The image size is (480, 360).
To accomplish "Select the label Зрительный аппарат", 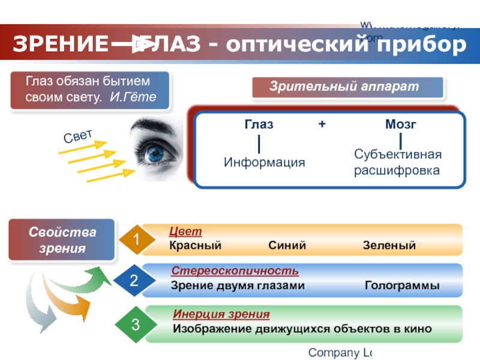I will tap(344, 86).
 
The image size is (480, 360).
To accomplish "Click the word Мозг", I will tap(400, 125).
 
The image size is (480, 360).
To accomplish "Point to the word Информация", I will tap(265, 163).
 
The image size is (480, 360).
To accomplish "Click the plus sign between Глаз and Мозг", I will tap(322, 125).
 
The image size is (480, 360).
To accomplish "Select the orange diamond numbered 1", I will tap(136, 241).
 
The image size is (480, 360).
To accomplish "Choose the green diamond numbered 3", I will tap(136, 325).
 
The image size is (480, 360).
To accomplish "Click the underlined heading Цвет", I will tap(185, 232).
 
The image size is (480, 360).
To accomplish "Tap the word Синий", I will tap(287, 245).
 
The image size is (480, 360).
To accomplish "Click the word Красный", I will tap(195, 245).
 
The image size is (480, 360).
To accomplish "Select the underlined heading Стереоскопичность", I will tap(235, 272).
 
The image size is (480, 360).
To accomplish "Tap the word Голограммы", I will tap(402, 286).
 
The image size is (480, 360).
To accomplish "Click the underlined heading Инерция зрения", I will tap(221, 314).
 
